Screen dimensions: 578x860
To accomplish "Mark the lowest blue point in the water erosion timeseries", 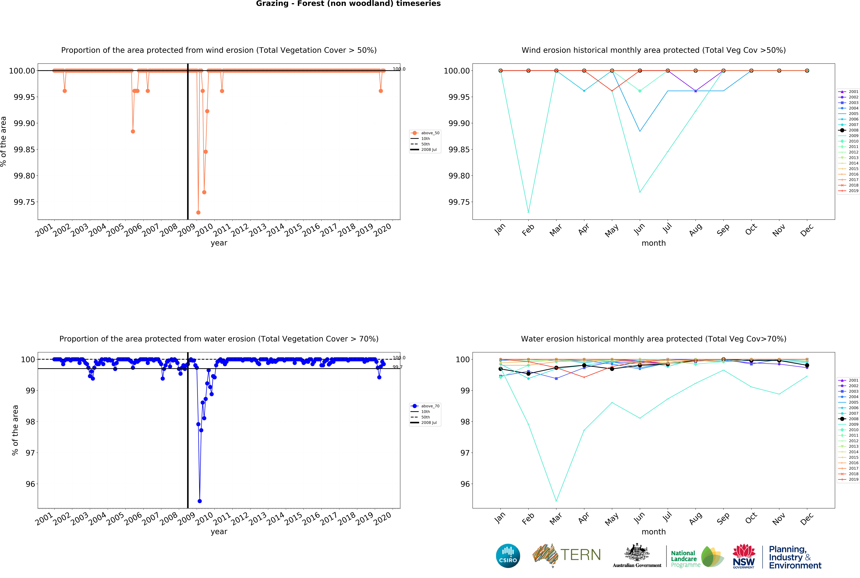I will click(200, 501).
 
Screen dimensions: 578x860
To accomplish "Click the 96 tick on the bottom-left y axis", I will click(30, 484).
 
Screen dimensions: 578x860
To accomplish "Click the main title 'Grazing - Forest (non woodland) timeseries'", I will click(348, 4).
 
